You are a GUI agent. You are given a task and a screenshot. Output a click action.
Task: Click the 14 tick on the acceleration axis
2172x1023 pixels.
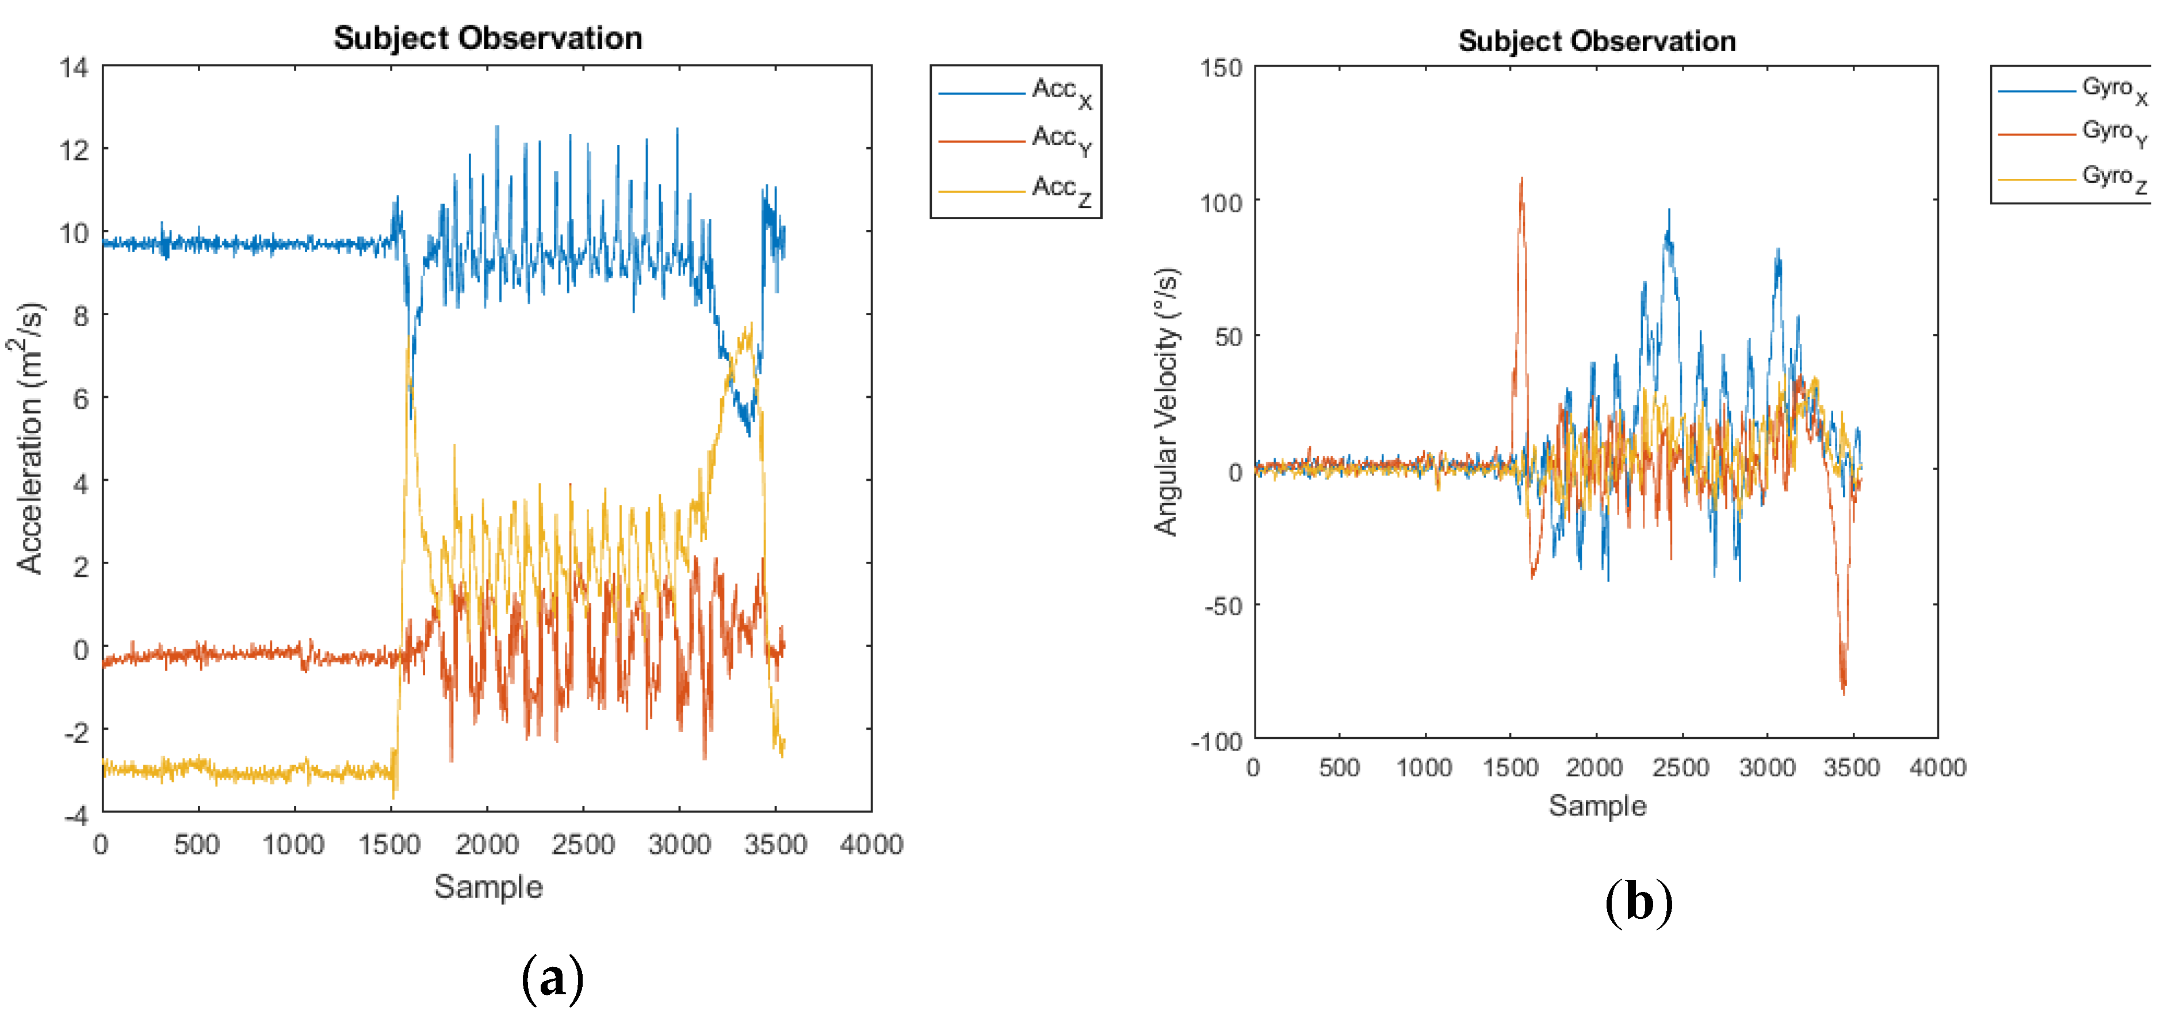(x=74, y=67)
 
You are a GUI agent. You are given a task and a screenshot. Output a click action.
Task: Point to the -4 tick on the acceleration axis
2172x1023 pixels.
(x=76, y=814)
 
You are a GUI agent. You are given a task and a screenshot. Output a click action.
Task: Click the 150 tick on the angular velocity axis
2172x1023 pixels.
(x=1221, y=68)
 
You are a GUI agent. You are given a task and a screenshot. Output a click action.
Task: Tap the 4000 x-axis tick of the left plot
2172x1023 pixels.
(x=871, y=844)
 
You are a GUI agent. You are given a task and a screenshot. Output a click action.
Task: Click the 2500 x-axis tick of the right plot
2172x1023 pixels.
(x=1680, y=767)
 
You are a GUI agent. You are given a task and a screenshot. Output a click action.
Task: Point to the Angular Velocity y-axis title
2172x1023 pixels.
(x=1166, y=402)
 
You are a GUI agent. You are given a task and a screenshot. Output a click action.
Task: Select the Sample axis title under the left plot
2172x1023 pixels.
(x=488, y=887)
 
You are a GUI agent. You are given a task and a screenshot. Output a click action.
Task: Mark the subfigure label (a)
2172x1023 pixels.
(x=552, y=978)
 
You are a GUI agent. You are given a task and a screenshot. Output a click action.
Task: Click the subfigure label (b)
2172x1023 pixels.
(x=1638, y=902)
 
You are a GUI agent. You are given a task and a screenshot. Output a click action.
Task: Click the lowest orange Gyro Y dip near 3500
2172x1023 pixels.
(x=1844, y=691)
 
